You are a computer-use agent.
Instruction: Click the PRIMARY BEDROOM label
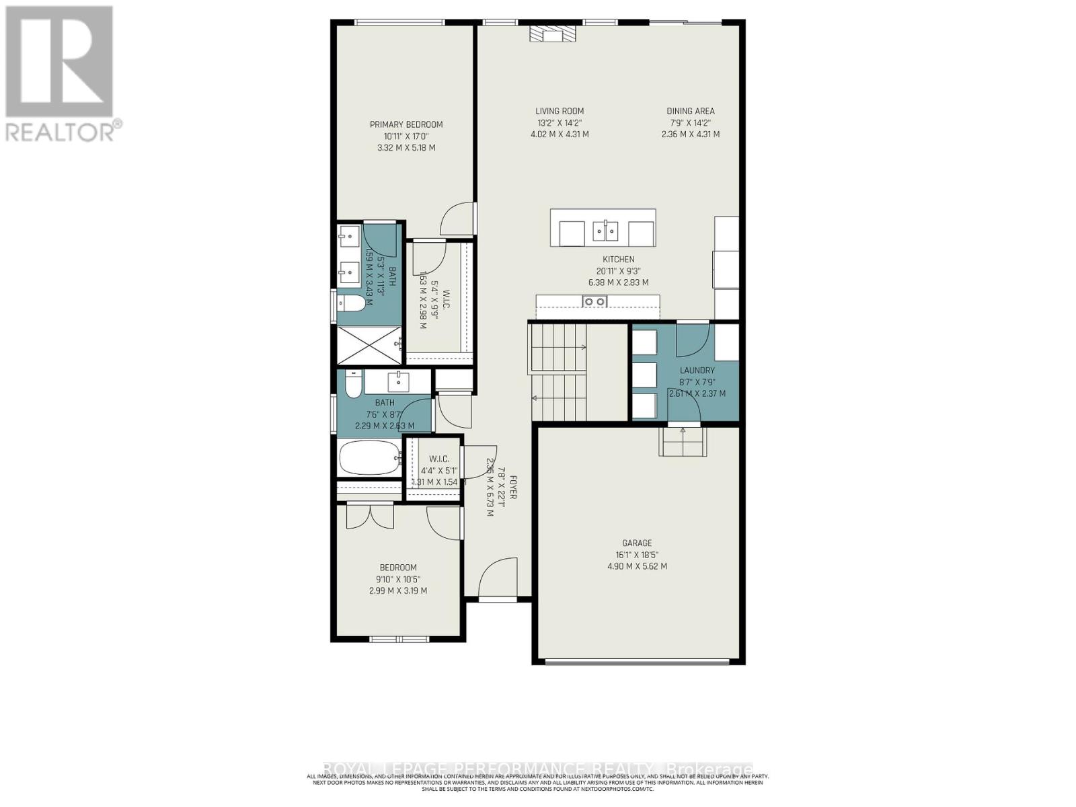tap(406, 124)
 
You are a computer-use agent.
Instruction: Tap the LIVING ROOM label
tap(560, 111)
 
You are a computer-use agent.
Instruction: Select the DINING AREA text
tap(691, 111)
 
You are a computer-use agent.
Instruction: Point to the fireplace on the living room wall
tap(552, 34)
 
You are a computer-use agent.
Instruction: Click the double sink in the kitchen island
tap(605, 231)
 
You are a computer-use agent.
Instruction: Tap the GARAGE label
tap(637, 543)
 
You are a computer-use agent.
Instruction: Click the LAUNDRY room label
tap(697, 371)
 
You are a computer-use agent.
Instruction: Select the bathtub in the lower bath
tap(369, 458)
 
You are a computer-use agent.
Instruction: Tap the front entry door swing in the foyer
tap(498, 577)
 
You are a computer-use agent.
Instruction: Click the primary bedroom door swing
tap(457, 219)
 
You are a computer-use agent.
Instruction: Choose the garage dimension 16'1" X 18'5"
tap(637, 555)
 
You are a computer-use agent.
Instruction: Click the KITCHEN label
tap(618, 260)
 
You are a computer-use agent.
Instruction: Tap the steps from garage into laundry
tap(683, 441)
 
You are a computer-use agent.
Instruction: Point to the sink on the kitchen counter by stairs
tap(594, 301)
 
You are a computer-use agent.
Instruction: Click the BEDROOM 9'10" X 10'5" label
tap(398, 568)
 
